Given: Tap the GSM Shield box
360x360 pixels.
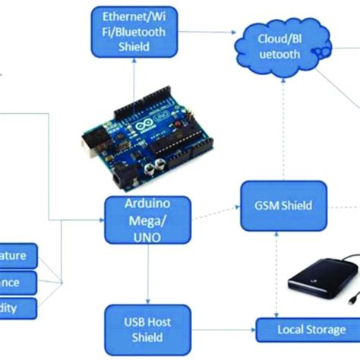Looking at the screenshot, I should pyautogui.click(x=277, y=206).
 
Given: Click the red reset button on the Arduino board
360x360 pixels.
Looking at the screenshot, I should pyautogui.click(x=178, y=122).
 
